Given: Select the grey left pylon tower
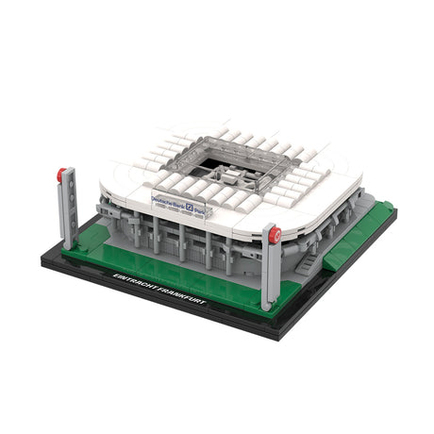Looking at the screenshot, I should click(x=68, y=212).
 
